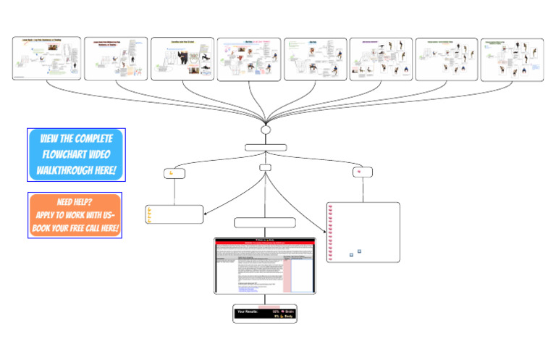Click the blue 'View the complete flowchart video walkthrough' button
[76, 155]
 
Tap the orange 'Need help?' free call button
[75, 215]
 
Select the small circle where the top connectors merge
[265, 130]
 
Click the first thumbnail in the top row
[47, 59]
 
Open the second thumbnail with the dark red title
[116, 59]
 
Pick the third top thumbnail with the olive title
[182, 59]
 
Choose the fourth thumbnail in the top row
[248, 59]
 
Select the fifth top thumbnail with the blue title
[315, 59]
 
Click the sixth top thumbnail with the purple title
[381, 59]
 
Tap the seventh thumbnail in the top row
[447, 59]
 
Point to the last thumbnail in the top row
[512, 59]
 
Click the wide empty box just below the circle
[265, 147]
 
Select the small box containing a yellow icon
[174, 173]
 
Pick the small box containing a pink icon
[363, 172]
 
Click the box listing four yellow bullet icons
[174, 214]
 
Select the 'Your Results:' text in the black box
[250, 311]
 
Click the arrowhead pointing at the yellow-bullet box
[206, 213]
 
